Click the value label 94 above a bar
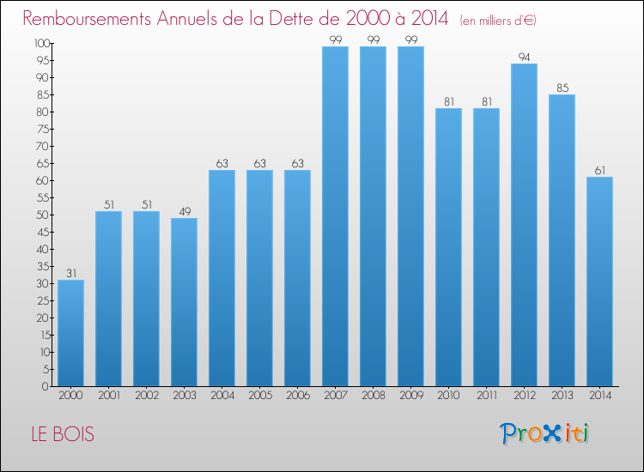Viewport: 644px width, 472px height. click(x=524, y=57)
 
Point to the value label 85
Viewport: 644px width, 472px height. click(x=562, y=88)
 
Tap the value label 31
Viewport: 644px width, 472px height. click(x=70, y=273)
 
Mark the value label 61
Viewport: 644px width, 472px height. click(x=599, y=170)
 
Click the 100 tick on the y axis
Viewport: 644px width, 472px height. click(x=41, y=43)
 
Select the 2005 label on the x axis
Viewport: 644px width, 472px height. click(x=259, y=396)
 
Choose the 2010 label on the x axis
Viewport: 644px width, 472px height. click(x=448, y=396)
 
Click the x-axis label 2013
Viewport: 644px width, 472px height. click(x=562, y=396)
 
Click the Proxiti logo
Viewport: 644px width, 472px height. click(x=544, y=433)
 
